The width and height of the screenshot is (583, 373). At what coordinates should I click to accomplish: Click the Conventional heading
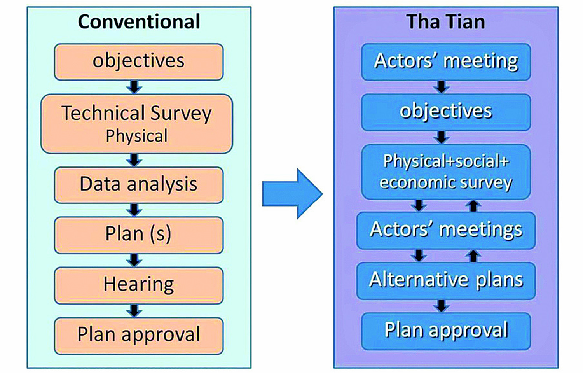(139, 22)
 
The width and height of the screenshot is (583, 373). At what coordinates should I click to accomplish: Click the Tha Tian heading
(446, 22)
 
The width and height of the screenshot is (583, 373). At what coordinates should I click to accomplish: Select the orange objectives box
(139, 62)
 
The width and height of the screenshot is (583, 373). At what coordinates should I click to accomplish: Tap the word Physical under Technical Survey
(137, 136)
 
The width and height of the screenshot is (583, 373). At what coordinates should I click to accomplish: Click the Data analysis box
(139, 185)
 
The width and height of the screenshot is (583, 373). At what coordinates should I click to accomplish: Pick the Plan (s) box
(139, 235)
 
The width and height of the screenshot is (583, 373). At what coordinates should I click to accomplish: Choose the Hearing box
(139, 285)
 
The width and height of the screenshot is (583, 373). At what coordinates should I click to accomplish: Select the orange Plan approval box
(139, 336)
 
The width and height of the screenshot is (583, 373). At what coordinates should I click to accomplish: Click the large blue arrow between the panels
(293, 194)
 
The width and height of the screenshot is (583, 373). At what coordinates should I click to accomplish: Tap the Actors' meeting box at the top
(446, 62)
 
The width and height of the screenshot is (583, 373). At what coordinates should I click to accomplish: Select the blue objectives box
(446, 112)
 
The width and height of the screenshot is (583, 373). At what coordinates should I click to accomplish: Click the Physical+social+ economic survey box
(446, 172)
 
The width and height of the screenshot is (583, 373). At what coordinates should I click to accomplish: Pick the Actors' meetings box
(446, 231)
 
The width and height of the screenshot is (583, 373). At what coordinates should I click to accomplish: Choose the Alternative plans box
(446, 281)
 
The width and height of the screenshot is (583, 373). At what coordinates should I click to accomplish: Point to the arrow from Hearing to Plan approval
(134, 310)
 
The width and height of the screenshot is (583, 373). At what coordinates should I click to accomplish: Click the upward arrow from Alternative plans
(473, 256)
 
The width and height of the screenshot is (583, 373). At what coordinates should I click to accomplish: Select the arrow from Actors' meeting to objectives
(442, 87)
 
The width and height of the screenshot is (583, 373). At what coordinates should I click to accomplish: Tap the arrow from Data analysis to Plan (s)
(134, 210)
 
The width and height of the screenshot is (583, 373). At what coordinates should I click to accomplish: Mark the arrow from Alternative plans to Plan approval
(442, 306)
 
